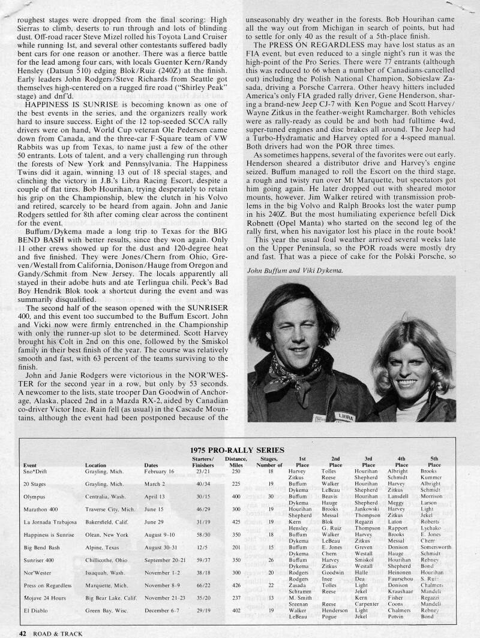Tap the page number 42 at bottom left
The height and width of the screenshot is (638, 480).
coord(22,631)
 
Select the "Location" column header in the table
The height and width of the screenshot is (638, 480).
coord(96,465)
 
